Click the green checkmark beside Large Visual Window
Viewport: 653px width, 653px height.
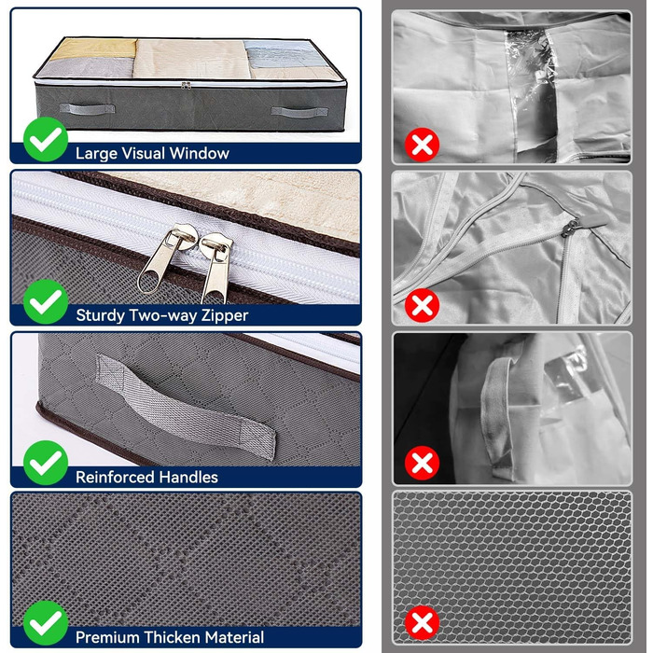46,140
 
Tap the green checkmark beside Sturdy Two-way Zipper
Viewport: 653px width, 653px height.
46,301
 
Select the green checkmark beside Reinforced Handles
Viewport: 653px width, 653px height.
46,463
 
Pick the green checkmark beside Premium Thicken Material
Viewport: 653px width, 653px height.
46,623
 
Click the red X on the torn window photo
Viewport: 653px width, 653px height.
422,145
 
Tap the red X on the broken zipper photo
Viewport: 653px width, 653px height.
422,305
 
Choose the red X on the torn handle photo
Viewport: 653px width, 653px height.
422,463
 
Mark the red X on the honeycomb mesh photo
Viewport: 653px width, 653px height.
422,623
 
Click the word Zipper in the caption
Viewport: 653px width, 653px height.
225,315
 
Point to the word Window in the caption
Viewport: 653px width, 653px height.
199,153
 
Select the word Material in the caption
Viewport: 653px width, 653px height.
234,637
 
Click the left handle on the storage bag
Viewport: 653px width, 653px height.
87,109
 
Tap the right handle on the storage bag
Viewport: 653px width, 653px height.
299,112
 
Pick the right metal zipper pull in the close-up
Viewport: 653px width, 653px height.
215,268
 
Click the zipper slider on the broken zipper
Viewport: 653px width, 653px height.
571,228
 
